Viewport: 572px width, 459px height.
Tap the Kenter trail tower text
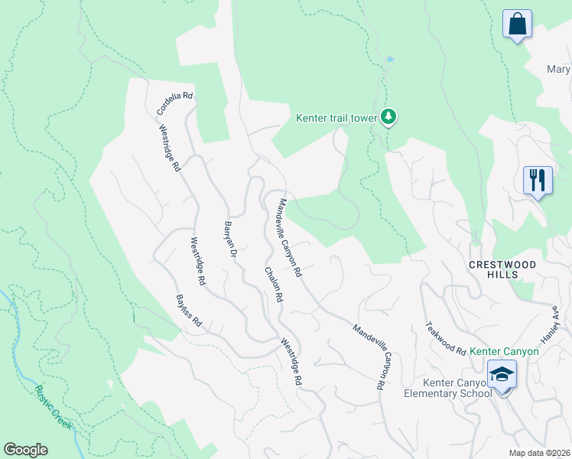pos(337,118)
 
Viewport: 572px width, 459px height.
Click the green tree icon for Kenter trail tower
pos(390,116)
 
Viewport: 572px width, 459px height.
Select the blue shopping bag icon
pos(518,23)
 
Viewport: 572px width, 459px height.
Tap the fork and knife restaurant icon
pos(538,181)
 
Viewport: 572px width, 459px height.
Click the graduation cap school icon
pos(502,375)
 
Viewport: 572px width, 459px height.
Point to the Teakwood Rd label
pos(445,337)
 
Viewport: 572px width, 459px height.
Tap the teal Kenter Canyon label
pos(504,351)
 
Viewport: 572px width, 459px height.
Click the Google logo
pos(26,450)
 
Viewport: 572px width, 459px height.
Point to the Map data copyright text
pos(539,453)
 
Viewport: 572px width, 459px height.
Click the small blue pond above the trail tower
pos(391,59)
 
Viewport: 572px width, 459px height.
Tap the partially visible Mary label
pos(558,70)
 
